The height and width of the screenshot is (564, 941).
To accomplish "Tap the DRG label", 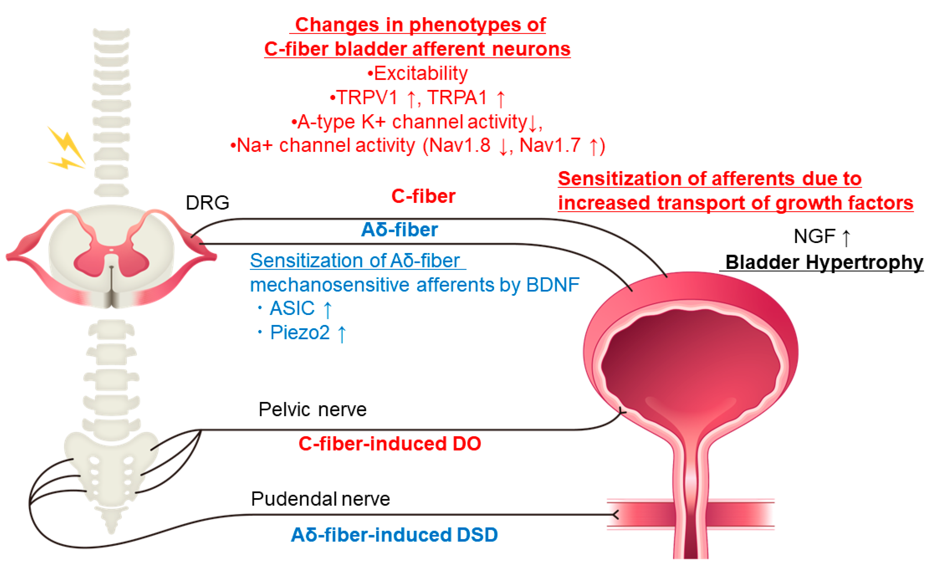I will [207, 203].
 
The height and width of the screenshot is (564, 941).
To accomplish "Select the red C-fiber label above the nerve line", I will [423, 196].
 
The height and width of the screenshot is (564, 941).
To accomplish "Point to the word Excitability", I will [421, 73].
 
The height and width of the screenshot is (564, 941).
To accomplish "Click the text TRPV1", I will [367, 98].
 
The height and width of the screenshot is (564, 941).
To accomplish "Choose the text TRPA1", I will [457, 98].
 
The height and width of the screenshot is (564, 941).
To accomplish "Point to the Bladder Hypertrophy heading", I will [824, 262].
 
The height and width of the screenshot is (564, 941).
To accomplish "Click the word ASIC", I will [292, 308].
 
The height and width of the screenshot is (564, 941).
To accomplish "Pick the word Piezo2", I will [300, 332].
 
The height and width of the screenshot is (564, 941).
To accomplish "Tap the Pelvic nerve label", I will [312, 410].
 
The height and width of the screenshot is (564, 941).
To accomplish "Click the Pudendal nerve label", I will [320, 499].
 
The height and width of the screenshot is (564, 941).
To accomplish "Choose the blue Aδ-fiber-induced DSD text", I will [394, 535].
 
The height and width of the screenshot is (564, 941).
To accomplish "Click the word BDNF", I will [553, 285].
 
